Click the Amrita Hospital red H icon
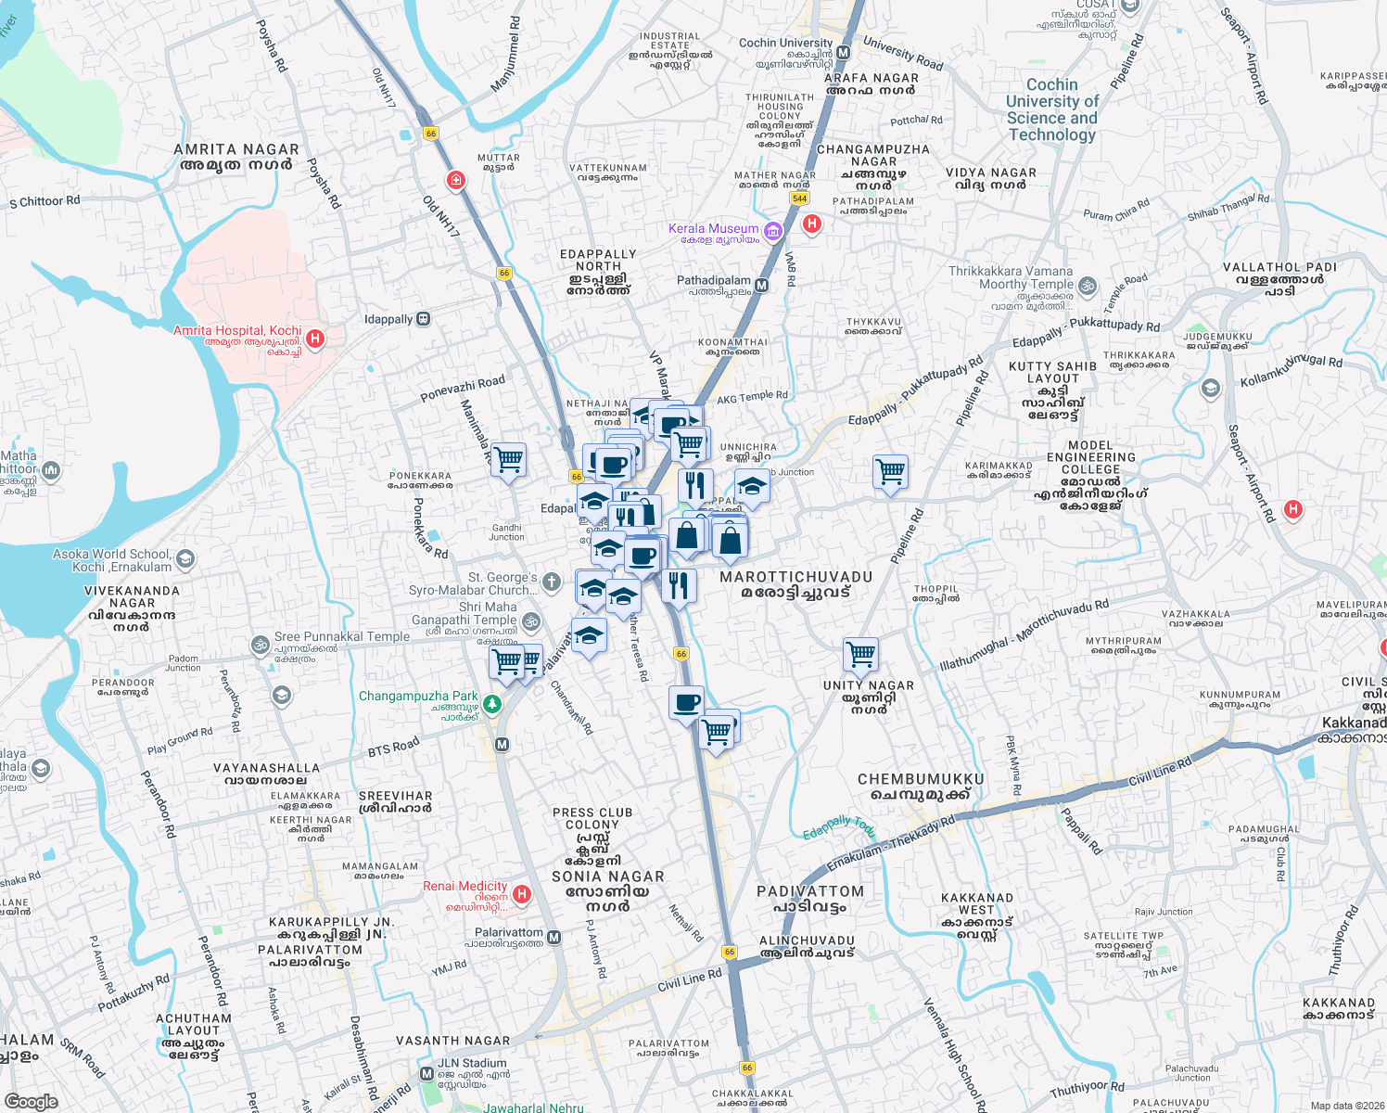tap(315, 339)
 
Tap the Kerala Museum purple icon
tap(773, 230)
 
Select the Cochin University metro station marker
tap(843, 54)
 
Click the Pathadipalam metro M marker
tap(761, 286)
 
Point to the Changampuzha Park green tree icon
tap(492, 704)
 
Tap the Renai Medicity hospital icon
tap(522, 894)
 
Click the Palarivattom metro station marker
tap(554, 938)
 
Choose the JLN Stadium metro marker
tap(426, 1073)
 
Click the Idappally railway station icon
tap(424, 319)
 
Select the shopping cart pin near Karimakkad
tap(890, 471)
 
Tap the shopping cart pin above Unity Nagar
tap(860, 654)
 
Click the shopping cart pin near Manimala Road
tap(508, 459)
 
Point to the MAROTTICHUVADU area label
tap(795, 577)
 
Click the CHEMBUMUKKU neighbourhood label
tap(921, 779)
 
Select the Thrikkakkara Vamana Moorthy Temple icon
tap(1088, 286)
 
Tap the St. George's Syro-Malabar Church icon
tap(552, 582)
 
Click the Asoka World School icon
tap(185, 559)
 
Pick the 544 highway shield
tap(799, 198)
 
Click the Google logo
tap(31, 1101)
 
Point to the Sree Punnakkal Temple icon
tap(261, 644)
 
